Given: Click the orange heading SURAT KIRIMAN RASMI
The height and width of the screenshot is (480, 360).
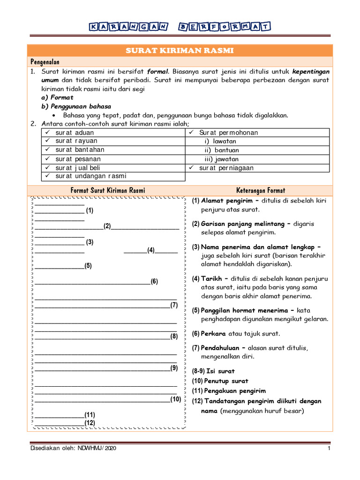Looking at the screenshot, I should [180, 51].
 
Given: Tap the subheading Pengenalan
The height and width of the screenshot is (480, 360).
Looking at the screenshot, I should [45, 62].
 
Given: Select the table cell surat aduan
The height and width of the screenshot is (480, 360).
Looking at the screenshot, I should [75, 133].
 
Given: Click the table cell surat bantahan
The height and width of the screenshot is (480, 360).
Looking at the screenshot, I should [80, 150].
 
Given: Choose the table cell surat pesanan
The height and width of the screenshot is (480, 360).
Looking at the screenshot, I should [78, 159].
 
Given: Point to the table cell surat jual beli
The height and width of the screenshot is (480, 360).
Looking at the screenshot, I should [78, 168].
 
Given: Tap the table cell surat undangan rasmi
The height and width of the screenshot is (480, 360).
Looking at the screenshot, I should [91, 176].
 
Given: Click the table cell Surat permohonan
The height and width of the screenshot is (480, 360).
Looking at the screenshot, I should [228, 133].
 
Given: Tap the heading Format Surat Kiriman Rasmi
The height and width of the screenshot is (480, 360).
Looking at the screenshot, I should [107, 190].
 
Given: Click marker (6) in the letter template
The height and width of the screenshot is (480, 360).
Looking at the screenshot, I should [154, 282].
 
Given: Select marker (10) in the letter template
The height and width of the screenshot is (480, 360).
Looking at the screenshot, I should [175, 399].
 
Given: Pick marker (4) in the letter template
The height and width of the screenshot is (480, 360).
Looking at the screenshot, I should [150, 250].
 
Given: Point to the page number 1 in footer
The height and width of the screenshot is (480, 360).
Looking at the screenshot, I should [329, 449].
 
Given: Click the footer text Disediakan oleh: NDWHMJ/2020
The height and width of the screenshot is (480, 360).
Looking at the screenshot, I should [73, 449].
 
